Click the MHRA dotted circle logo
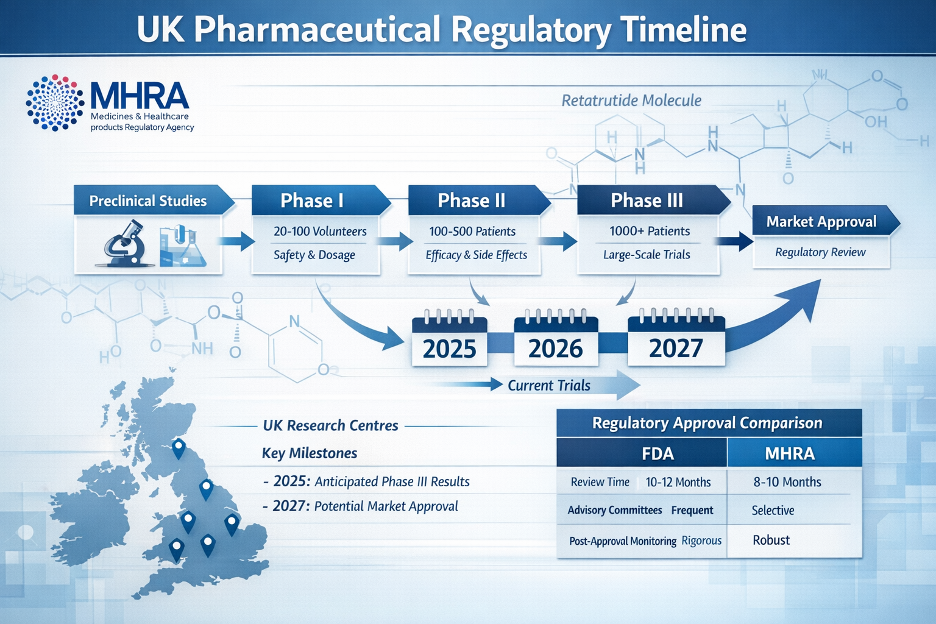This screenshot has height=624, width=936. (55, 103)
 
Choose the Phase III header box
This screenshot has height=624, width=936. (648, 200)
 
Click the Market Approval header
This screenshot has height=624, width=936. (821, 221)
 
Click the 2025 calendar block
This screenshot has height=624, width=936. (449, 342)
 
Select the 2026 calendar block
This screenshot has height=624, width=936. (555, 342)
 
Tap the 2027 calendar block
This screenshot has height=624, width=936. (676, 342)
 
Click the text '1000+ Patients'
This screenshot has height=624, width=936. (650, 231)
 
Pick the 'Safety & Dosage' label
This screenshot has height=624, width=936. (314, 255)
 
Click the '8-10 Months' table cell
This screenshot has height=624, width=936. (787, 482)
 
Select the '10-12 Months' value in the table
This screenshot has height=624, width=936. (678, 482)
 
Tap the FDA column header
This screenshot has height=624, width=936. (658, 453)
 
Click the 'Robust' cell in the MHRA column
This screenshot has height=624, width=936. (771, 540)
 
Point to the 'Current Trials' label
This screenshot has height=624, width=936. (549, 385)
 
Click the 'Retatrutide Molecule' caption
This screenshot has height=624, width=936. (631, 101)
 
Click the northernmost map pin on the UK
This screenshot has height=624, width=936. (179, 448)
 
